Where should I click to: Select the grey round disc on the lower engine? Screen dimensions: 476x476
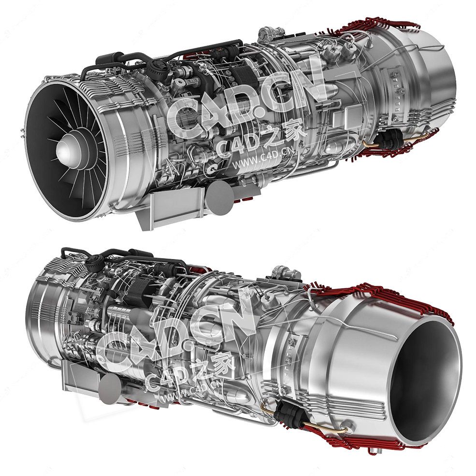110,389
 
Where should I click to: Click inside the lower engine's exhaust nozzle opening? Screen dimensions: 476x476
425,382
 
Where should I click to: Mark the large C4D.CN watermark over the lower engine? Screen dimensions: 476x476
179,333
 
